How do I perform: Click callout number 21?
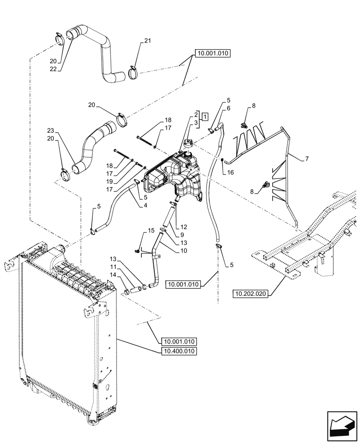[148, 41]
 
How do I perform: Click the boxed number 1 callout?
[205, 117]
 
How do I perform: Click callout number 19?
[110, 181]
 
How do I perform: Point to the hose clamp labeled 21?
[133, 72]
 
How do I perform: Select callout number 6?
[229, 108]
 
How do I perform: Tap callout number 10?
[184, 251]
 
